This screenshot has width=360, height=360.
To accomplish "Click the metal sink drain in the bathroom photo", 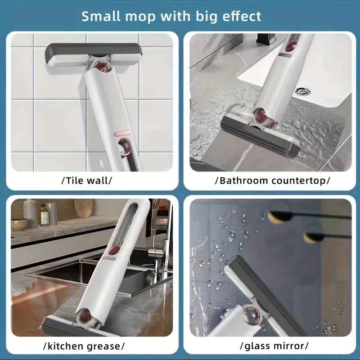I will click(x=302, y=91).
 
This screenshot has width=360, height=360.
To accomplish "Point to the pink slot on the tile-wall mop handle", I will click(x=121, y=134).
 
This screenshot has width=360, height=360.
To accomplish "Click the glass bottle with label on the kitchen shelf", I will click(x=44, y=215).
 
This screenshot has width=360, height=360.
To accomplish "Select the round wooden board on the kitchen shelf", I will click(x=84, y=208).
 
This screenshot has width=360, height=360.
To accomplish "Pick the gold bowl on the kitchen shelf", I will click(x=19, y=224).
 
